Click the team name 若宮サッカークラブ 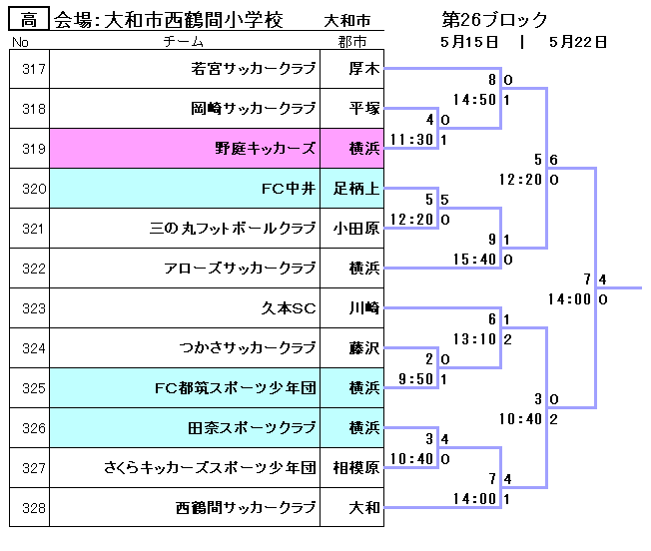(x=254, y=70)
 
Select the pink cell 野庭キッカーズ (x=266, y=149)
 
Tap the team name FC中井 (x=288, y=189)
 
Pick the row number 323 (x=33, y=308)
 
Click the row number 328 (x=33, y=508)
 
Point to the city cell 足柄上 (x=356, y=189)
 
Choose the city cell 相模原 (x=356, y=468)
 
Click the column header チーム (x=184, y=42)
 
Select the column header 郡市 (x=351, y=42)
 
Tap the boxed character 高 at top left (x=28, y=20)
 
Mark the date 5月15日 (x=468, y=42)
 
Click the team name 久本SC (x=289, y=308)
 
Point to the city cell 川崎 (x=356, y=308)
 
